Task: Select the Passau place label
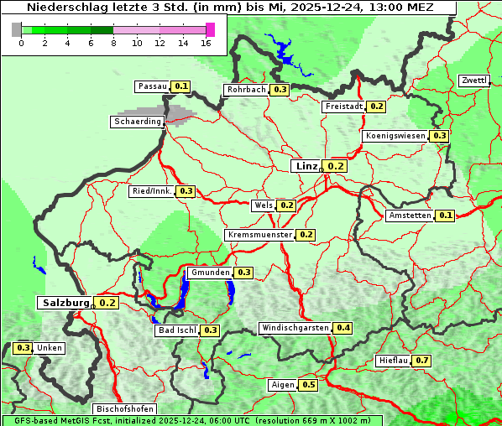(x=153, y=86)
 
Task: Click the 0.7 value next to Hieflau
(x=421, y=361)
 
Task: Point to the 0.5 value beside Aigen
(x=308, y=385)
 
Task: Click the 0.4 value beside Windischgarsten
(x=343, y=328)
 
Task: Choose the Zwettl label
(x=473, y=81)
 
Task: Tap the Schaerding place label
(x=138, y=122)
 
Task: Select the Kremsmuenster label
(x=259, y=235)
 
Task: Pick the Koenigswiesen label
(x=395, y=136)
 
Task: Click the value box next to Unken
(x=24, y=348)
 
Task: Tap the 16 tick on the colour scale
(x=206, y=43)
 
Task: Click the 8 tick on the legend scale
(x=113, y=43)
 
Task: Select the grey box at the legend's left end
(x=16, y=29)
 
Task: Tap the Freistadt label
(x=343, y=106)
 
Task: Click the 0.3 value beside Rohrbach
(x=280, y=90)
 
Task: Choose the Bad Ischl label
(x=177, y=330)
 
